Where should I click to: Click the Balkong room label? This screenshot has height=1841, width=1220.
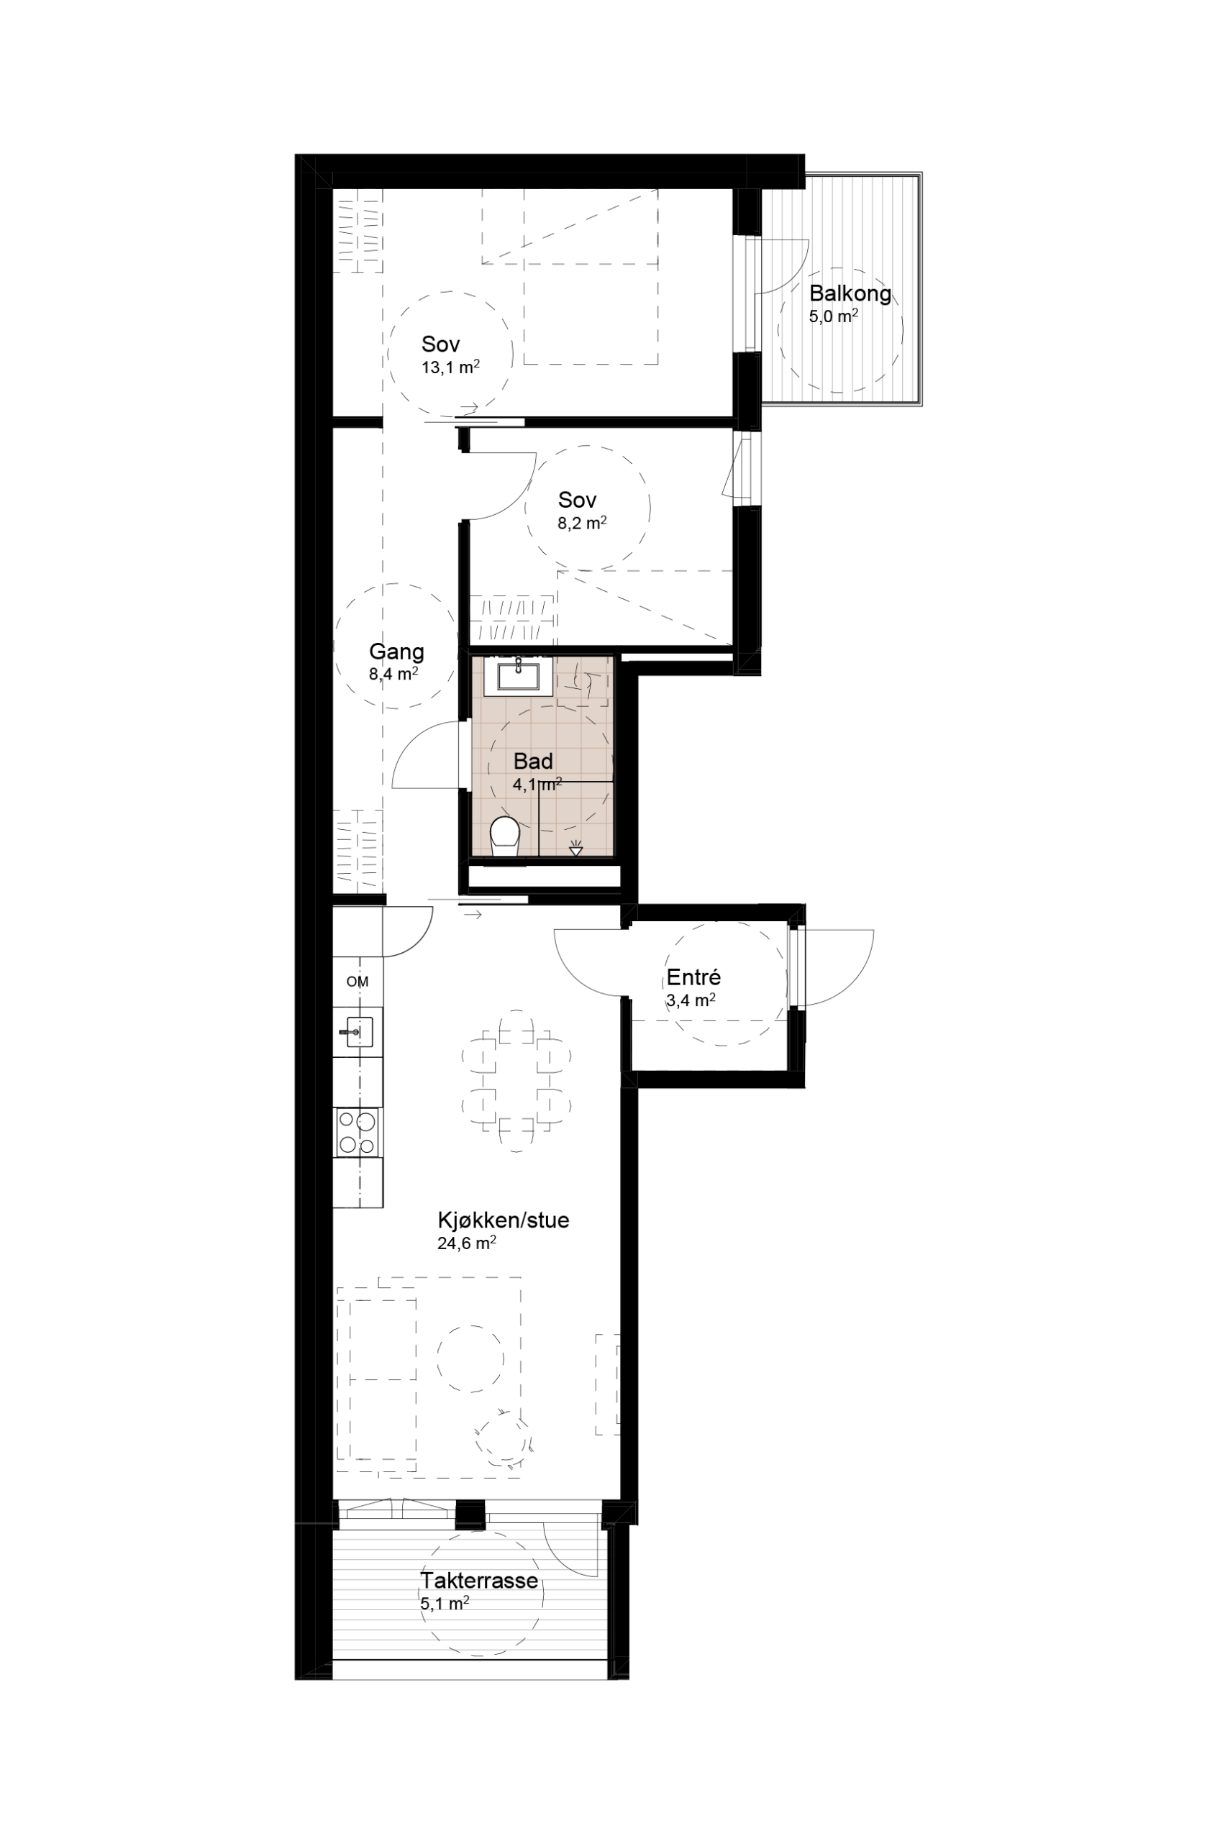coord(850,294)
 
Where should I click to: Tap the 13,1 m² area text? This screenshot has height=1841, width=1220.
coord(450,367)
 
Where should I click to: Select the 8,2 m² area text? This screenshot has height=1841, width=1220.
coord(582,523)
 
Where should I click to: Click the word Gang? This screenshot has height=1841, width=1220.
coord(396,652)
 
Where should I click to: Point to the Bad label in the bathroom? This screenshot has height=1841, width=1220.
coord(533,761)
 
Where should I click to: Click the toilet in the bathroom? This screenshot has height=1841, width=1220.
coord(505,837)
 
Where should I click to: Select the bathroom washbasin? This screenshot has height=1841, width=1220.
coord(518,675)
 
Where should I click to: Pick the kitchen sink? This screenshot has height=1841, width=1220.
coord(359,1032)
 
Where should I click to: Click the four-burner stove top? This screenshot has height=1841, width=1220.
coord(358,1133)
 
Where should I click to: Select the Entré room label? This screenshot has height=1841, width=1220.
coord(694,977)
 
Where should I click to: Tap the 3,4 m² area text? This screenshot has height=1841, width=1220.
coord(691,1001)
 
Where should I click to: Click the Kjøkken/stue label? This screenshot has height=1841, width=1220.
coord(504,1220)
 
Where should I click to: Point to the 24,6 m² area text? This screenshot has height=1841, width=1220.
coord(467,1243)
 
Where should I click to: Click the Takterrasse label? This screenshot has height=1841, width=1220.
coord(479,1581)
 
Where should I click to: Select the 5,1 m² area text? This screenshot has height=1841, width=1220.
coord(445,1603)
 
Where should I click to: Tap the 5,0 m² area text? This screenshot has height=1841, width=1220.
coord(834,316)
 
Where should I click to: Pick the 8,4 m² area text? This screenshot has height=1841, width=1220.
coord(393,675)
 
